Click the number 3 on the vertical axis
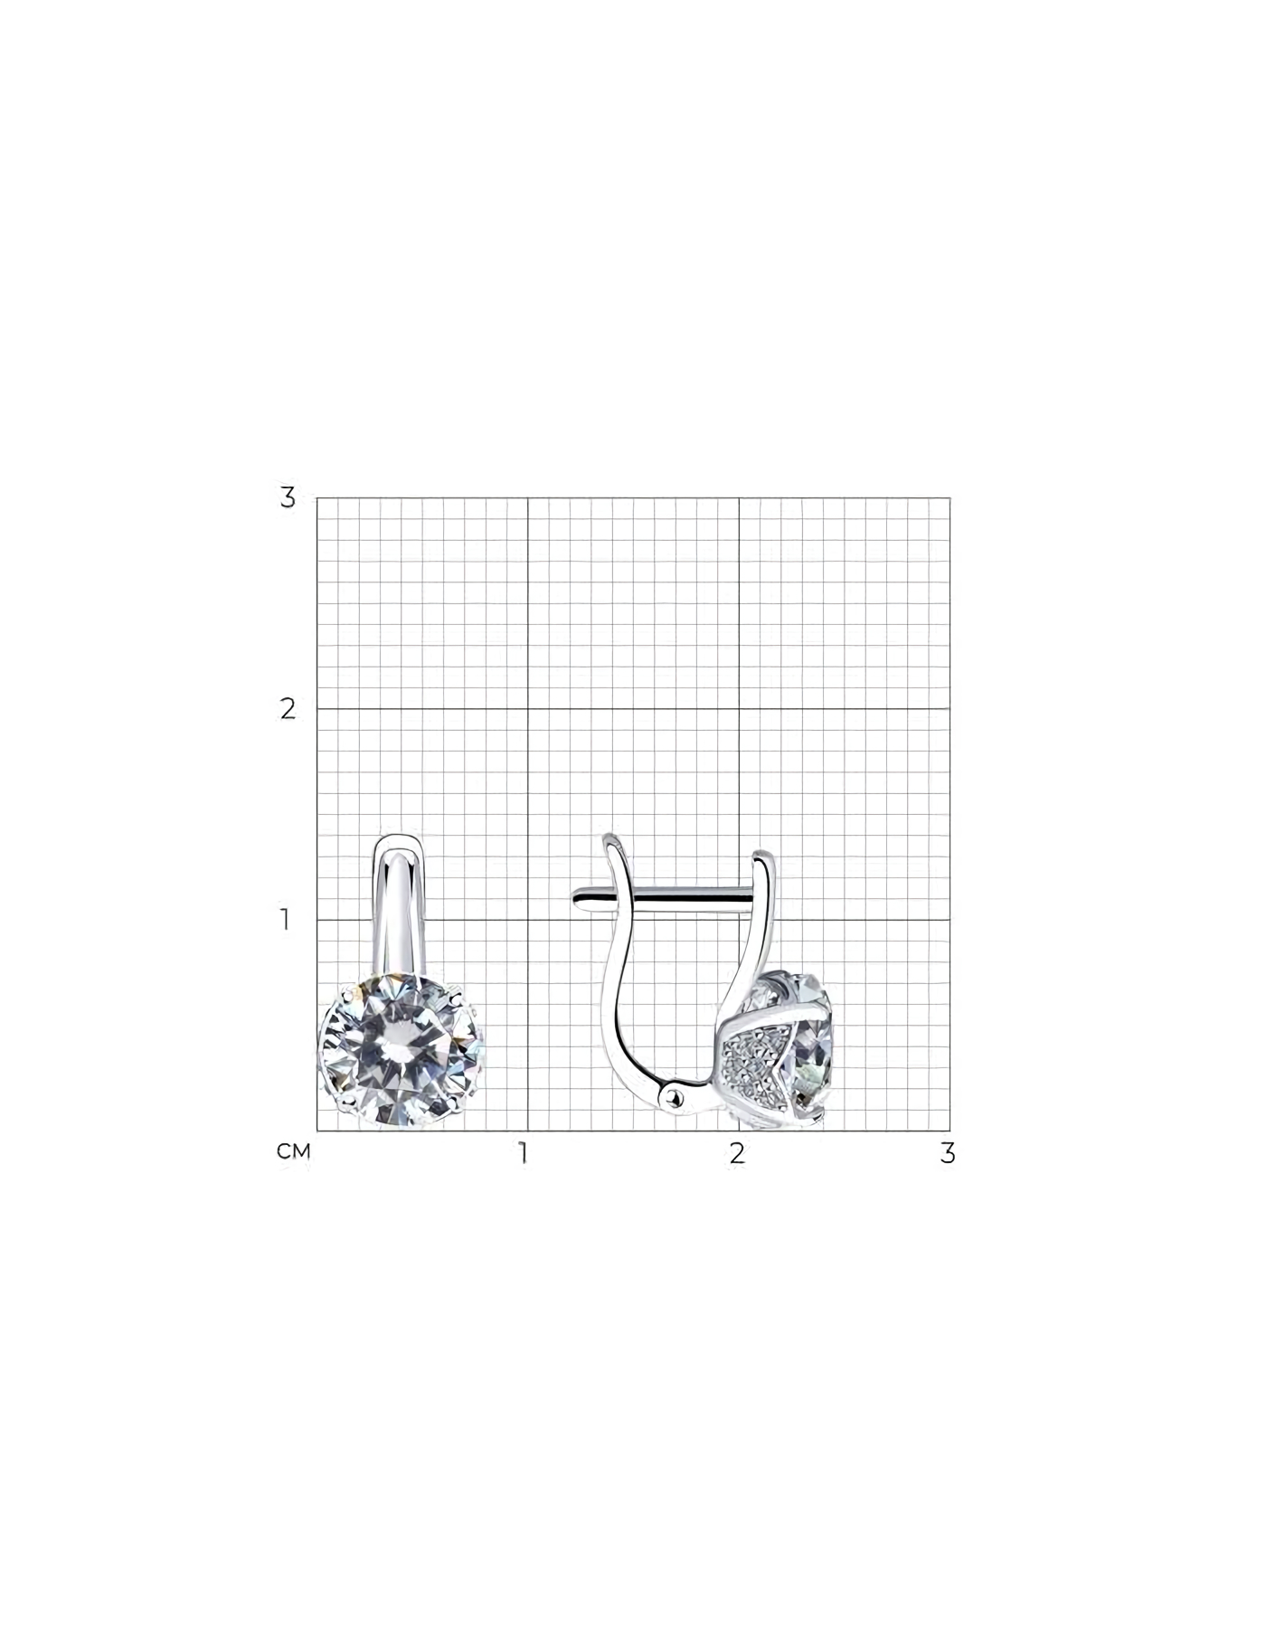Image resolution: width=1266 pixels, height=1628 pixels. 288,497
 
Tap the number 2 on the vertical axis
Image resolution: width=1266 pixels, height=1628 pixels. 288,709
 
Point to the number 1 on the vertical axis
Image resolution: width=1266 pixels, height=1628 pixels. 286,920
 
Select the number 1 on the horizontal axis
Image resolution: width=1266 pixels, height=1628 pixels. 523,1153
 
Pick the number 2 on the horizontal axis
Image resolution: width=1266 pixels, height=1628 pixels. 738,1153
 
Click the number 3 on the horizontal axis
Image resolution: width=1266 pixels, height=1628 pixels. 948,1153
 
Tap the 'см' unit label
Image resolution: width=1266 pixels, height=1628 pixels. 294,1151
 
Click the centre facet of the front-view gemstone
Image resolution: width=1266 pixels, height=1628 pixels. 401,1052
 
